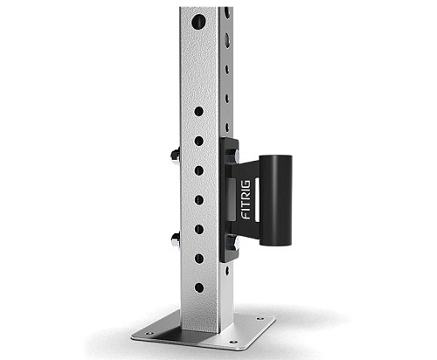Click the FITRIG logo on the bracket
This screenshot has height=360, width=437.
tap(246, 200)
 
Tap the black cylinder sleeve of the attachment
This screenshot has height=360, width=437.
tap(275, 201)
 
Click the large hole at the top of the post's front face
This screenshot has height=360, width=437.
tap(198, 22)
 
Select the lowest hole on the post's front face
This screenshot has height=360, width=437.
tap(199, 287)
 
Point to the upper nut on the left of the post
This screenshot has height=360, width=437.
tap(175, 156)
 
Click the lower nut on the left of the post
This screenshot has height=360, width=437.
tap(176, 240)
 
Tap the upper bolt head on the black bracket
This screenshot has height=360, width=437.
tap(233, 157)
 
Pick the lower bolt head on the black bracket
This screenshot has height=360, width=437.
tap(233, 243)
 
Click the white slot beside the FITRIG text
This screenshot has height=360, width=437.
tap(257, 199)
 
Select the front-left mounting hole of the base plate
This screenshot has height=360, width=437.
tap(149, 333)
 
